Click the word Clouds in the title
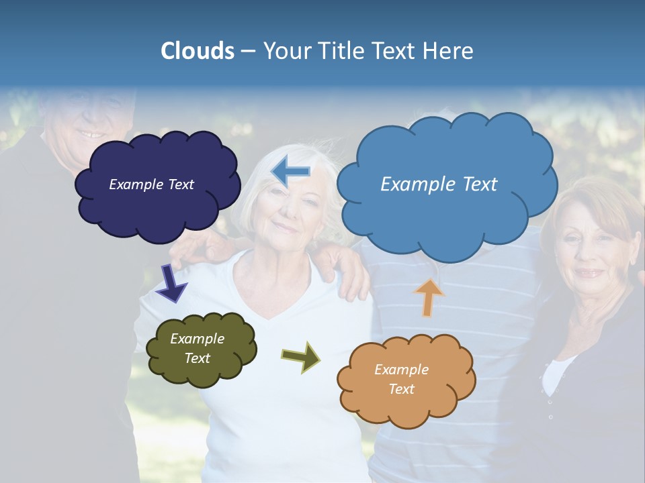(198, 51)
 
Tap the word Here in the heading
(448, 51)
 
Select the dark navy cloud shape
(158, 208)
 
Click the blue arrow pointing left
(290, 172)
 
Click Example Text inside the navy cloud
(152, 184)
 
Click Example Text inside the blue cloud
(439, 184)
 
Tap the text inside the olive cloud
(197, 348)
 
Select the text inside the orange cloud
(402, 379)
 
